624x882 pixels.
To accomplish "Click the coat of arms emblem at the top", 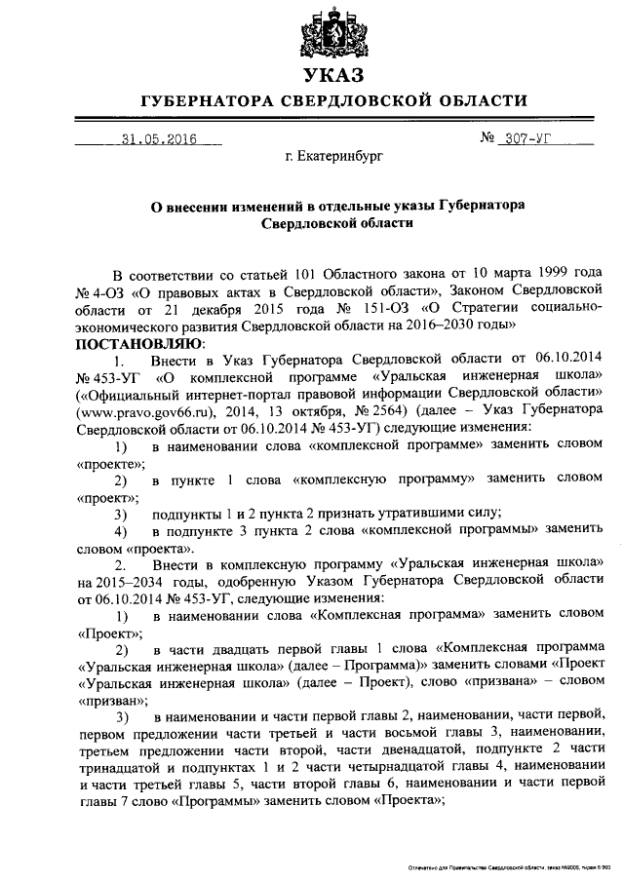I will point(331,29).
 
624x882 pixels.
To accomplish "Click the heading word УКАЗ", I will point(331,75).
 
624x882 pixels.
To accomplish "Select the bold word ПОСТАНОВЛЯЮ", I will point(139,343).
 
